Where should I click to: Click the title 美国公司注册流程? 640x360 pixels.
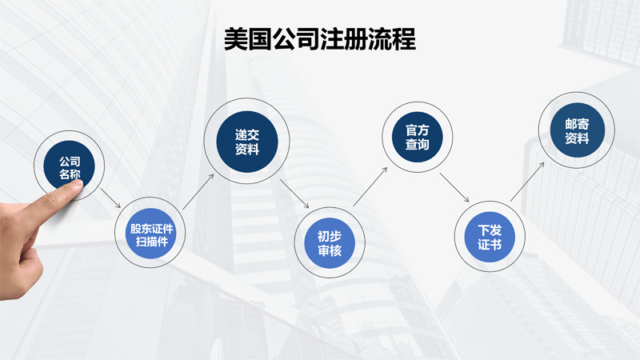point(319,39)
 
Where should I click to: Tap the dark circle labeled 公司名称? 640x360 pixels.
point(69,166)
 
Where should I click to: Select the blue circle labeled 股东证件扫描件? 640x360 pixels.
point(151,234)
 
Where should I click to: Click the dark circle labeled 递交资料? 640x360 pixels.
point(247,142)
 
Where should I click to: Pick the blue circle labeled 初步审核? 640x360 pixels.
point(330,243)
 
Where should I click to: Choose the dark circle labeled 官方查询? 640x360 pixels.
point(417,137)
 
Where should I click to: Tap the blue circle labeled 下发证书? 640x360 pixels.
point(490,237)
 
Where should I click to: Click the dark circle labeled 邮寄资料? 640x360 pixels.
point(577,130)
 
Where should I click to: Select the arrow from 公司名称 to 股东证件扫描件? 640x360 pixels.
point(110,198)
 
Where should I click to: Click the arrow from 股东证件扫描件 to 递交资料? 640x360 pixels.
point(198,192)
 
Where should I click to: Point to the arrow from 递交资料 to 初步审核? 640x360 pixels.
point(294,194)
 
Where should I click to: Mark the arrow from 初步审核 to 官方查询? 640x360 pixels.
point(370,186)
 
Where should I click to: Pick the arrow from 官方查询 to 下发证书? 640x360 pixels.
point(454,188)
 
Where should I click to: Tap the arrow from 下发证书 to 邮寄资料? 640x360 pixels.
point(527,182)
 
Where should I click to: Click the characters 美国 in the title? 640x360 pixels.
point(248,39)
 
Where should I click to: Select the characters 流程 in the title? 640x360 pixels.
point(392,39)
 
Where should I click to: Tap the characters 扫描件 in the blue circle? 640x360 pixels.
point(152,242)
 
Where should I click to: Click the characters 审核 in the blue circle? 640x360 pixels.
point(330,250)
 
